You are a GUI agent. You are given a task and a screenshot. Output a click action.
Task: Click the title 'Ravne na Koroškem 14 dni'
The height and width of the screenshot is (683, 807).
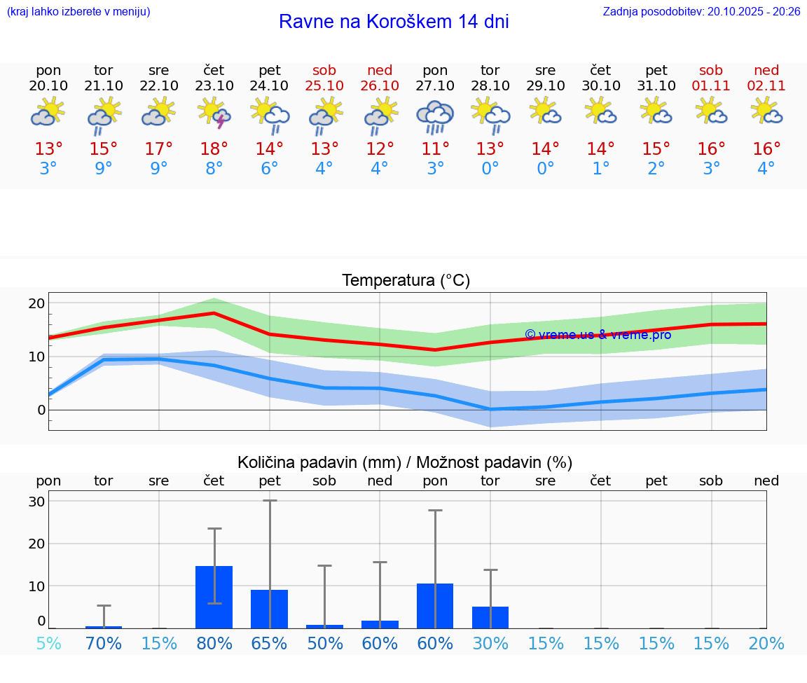coord(394,22)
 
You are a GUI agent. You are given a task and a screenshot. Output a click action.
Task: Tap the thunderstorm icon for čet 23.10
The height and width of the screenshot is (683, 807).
coord(214,113)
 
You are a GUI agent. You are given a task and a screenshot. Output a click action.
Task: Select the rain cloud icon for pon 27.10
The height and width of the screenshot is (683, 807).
coord(435,116)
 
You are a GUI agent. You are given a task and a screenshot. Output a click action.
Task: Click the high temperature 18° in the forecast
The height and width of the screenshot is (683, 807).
coord(214,149)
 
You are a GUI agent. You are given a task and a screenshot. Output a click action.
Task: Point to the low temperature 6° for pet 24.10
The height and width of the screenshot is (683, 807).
coord(269,169)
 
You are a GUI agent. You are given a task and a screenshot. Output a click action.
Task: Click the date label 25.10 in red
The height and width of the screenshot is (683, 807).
coord(324,85)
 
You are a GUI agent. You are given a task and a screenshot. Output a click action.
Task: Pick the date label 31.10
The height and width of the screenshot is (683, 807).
coord(656,85)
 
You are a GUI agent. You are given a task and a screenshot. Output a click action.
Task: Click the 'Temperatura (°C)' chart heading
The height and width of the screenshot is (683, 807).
coord(406,281)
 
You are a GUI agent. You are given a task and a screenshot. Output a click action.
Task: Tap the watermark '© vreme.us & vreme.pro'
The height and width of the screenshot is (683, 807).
coord(598,335)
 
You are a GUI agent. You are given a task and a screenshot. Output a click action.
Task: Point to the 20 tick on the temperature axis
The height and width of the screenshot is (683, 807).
coord(36,303)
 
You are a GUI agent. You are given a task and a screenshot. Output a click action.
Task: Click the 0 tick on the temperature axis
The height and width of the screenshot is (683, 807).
coord(41,410)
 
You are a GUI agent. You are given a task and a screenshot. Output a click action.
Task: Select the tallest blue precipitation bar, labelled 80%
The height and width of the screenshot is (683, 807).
coord(214,597)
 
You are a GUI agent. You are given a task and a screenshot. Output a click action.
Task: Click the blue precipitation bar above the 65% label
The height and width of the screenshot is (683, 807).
coord(269,609)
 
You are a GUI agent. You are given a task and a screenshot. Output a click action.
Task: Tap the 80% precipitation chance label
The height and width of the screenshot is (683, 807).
coord(214,643)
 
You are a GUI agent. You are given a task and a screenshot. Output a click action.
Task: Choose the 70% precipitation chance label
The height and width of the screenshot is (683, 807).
coord(104,643)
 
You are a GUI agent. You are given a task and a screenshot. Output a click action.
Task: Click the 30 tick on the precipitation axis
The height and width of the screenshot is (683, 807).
coord(36,502)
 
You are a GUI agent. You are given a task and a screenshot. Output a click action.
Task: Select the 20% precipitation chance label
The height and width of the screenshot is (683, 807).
coord(766,643)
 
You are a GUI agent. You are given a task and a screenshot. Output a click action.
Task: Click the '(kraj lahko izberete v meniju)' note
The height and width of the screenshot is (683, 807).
coord(78,11)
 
